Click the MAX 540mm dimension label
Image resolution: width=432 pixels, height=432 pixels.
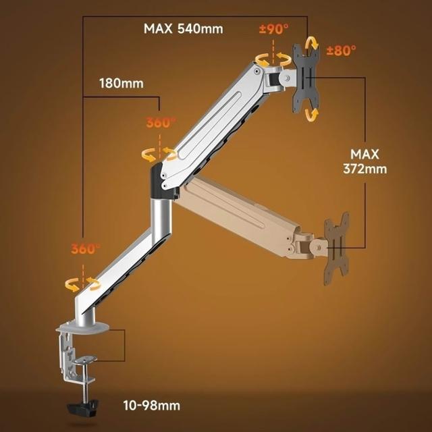[x=183, y=28]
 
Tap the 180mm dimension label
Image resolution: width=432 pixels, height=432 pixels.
[x=122, y=83]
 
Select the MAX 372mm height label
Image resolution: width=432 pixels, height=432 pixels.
[x=364, y=161]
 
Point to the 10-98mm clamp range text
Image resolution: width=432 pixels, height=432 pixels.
[x=151, y=405]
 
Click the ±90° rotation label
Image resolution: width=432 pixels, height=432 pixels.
[x=274, y=29]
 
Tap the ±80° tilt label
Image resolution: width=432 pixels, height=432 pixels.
[x=341, y=51]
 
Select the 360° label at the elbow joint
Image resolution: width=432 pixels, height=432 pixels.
[x=161, y=123]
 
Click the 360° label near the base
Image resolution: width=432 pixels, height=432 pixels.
[x=86, y=249]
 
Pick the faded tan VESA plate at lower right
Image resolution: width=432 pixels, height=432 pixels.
[x=336, y=248]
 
